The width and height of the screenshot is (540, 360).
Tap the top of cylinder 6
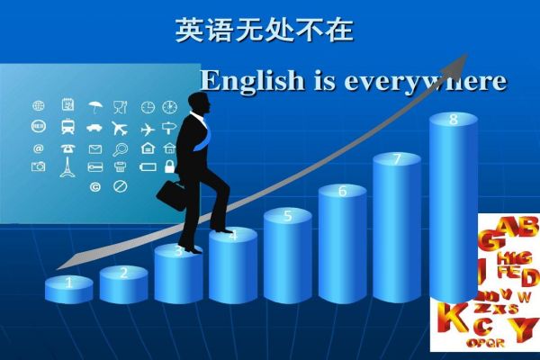(342, 191)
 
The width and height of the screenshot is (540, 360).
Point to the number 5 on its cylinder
(288, 216)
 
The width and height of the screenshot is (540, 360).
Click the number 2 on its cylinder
(124, 272)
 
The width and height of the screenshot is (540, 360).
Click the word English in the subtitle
(243, 81)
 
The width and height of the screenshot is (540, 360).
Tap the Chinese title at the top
(264, 31)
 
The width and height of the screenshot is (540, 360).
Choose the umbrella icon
(94, 107)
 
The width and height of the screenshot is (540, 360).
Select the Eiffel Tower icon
(67, 167)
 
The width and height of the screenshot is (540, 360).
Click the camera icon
(39, 167)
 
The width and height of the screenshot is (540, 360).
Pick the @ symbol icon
(39, 148)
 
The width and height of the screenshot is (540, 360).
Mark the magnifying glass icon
(121, 148)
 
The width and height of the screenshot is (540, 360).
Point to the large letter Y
(526, 328)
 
